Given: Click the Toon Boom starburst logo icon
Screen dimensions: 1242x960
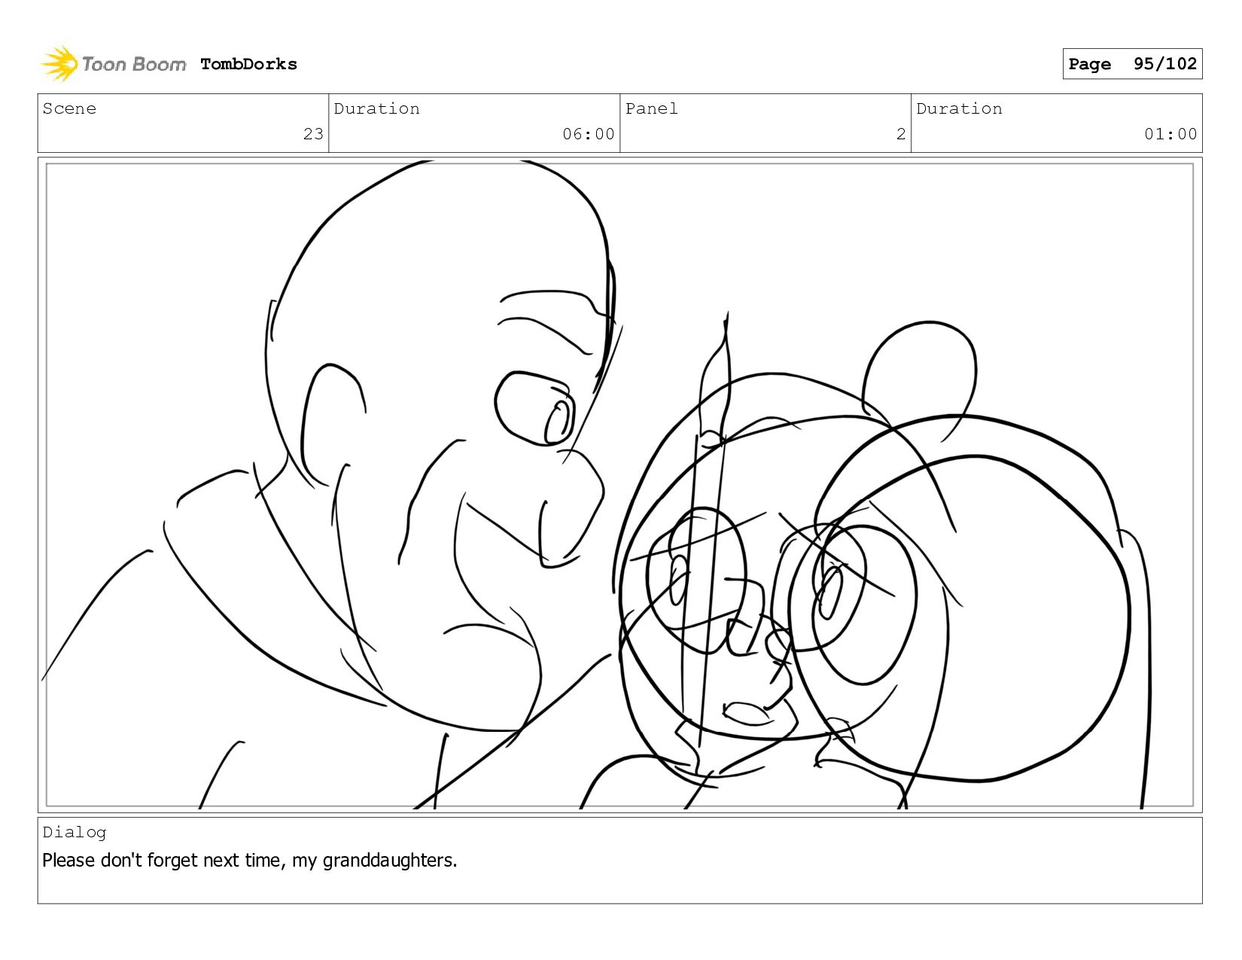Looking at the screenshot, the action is [59, 63].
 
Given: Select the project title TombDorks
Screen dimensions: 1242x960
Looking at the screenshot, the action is [248, 64].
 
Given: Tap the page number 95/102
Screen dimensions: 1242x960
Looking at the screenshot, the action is [1164, 63].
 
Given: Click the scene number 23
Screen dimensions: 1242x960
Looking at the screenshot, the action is [313, 134].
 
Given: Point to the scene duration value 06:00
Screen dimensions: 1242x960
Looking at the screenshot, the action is [588, 134].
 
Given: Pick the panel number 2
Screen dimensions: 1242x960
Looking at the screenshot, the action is [901, 134].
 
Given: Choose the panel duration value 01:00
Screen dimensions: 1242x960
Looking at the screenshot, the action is [1170, 134].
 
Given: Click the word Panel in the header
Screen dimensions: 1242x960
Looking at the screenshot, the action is [651, 108].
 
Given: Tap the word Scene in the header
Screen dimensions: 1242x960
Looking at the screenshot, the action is [69, 108].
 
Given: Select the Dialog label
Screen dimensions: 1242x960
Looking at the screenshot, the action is [75, 833].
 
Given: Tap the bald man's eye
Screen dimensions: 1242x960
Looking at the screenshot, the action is [534, 408].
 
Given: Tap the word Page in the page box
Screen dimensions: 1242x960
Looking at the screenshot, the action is [1089, 64].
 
